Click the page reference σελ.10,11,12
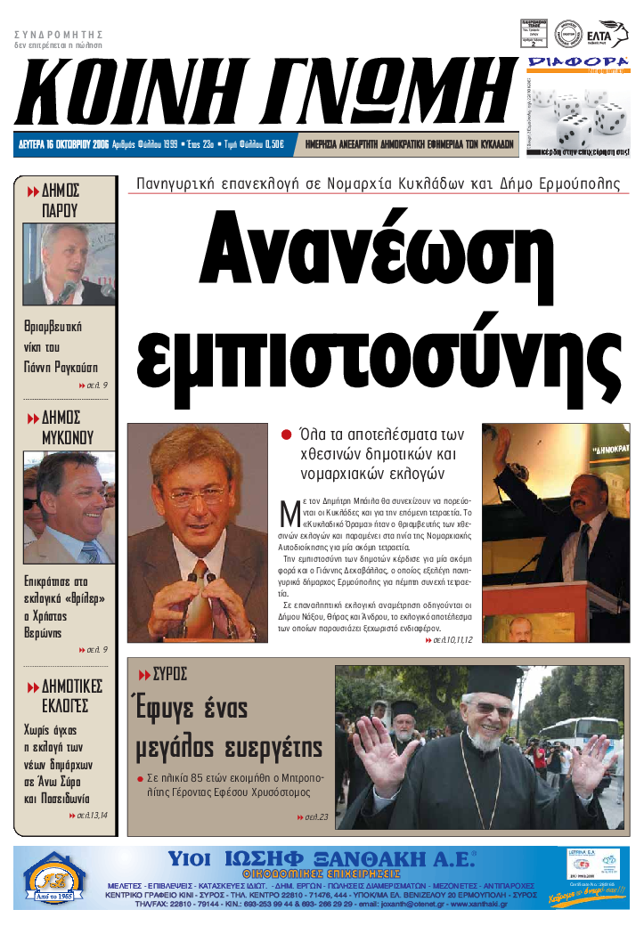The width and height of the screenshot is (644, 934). coord(449,639)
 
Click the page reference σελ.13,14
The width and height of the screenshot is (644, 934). coord(88,815)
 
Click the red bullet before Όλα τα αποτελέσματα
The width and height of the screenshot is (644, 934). coord(287,435)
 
